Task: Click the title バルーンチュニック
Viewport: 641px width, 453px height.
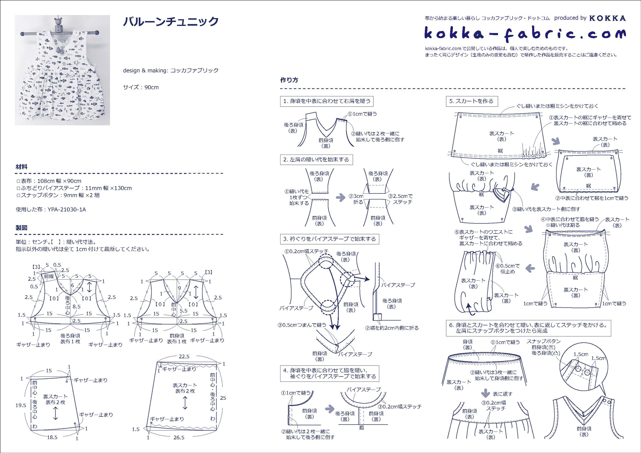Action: pyautogui.click(x=171, y=22)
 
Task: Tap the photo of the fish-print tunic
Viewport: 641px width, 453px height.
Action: pyautogui.click(x=62, y=70)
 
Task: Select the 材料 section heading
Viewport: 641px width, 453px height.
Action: pyautogui.click(x=21, y=167)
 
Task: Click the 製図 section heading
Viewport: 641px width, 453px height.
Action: pyautogui.click(x=21, y=228)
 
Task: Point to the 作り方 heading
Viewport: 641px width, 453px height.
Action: pyautogui.click(x=289, y=80)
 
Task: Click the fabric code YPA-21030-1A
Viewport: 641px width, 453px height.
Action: pyautogui.click(x=67, y=209)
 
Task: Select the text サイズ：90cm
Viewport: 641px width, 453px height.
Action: pyautogui.click(x=141, y=87)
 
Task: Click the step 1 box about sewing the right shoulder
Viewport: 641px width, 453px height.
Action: pyautogui.click(x=327, y=101)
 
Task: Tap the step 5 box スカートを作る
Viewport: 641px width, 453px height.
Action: pyautogui.click(x=472, y=101)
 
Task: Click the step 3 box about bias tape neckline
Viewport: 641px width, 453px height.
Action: pyautogui.click(x=330, y=239)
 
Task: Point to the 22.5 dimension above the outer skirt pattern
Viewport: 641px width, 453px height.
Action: pyautogui.click(x=184, y=357)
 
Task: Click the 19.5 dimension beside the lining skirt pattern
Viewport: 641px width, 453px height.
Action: pyautogui.click(x=21, y=405)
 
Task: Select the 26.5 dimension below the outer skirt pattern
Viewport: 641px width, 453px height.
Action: pyautogui.click(x=179, y=438)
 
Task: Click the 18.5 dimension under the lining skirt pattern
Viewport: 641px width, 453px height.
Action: pyautogui.click(x=52, y=437)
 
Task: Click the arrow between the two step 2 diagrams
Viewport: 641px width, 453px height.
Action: pyautogui.click(x=340, y=197)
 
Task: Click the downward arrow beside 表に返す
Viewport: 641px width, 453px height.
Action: pyautogui.click(x=485, y=393)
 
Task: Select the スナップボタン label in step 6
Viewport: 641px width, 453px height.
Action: pyautogui.click(x=543, y=341)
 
